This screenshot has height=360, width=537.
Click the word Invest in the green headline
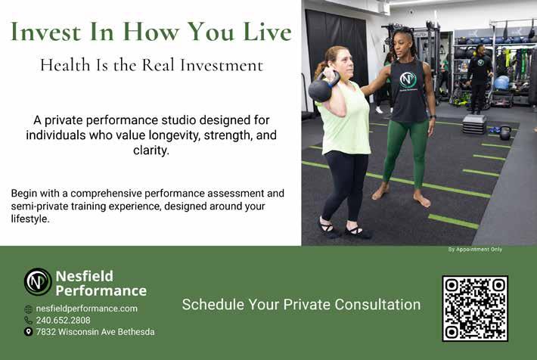(45, 32)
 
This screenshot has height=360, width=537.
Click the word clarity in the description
(151, 150)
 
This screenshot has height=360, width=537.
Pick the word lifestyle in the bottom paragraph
(30, 219)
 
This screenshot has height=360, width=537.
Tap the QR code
(475, 309)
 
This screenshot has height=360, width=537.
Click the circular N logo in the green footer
(38, 282)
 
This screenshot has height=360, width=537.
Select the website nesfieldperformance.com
(87, 309)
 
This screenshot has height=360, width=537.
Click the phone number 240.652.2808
(64, 320)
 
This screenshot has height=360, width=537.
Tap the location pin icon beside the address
(29, 331)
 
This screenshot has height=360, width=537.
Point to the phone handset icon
(29, 320)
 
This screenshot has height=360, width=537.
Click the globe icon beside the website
(29, 309)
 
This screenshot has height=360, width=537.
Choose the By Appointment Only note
(475, 250)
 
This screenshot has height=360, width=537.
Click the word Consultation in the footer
(377, 305)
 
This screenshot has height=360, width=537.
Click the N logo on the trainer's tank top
(408, 80)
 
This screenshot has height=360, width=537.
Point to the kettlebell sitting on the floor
(505, 133)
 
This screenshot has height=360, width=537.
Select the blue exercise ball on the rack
(502, 82)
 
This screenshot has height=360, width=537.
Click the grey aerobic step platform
(475, 124)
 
